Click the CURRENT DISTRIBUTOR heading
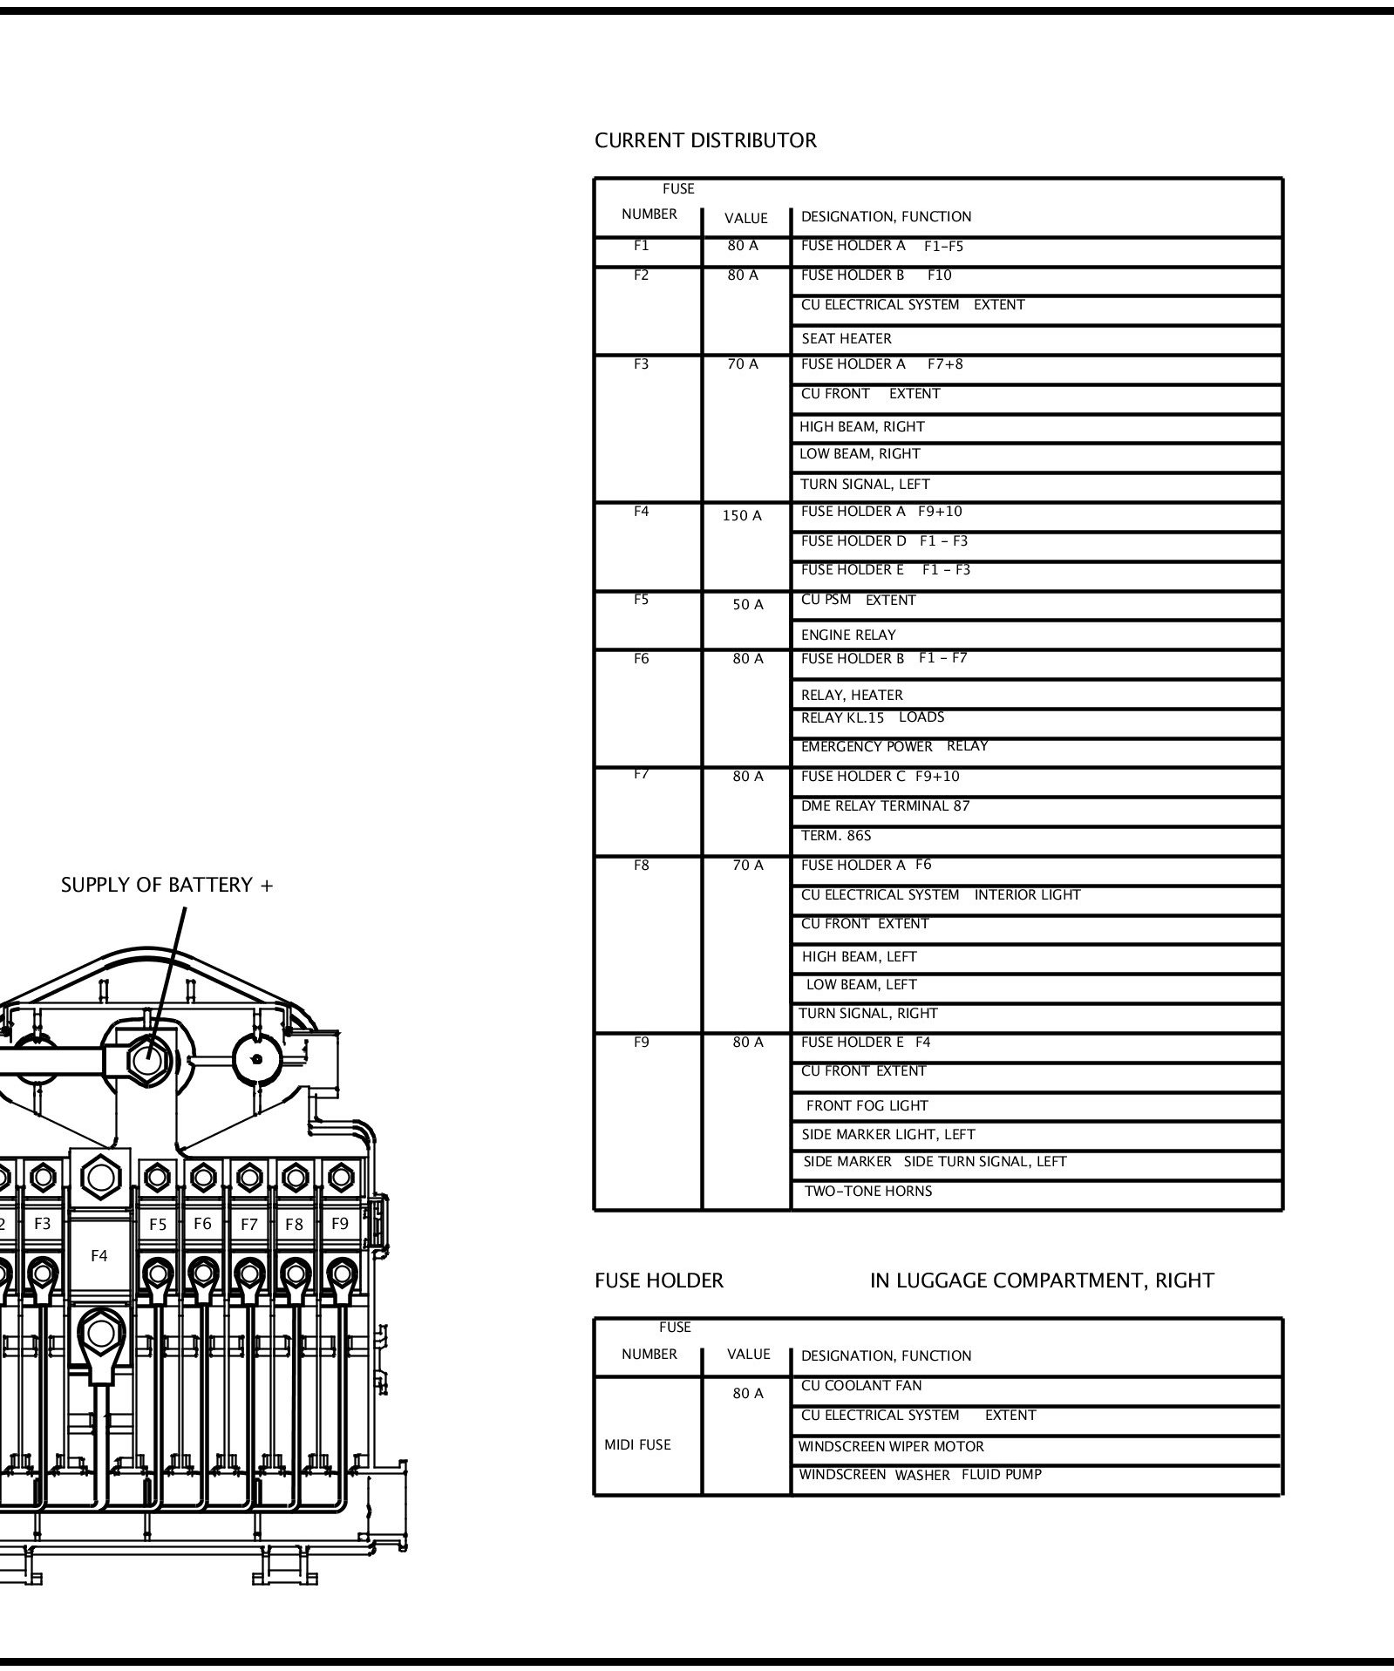click(704, 140)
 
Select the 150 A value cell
click(741, 516)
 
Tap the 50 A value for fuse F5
click(747, 605)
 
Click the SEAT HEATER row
click(846, 339)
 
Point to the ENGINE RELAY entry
click(847, 635)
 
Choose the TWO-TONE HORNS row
click(867, 1192)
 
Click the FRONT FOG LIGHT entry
click(867, 1106)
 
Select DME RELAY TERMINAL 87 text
click(885, 806)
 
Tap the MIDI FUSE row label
click(637, 1445)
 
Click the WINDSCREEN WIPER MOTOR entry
click(891, 1447)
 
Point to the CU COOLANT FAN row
click(860, 1386)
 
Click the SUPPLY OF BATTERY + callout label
click(167, 886)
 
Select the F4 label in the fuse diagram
click(99, 1256)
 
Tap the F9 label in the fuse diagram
click(340, 1224)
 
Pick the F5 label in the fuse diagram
click(158, 1225)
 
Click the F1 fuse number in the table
click(641, 246)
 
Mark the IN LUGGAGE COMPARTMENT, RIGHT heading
click(1041, 1281)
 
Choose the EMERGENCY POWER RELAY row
click(894, 747)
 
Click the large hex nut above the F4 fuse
click(100, 1178)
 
